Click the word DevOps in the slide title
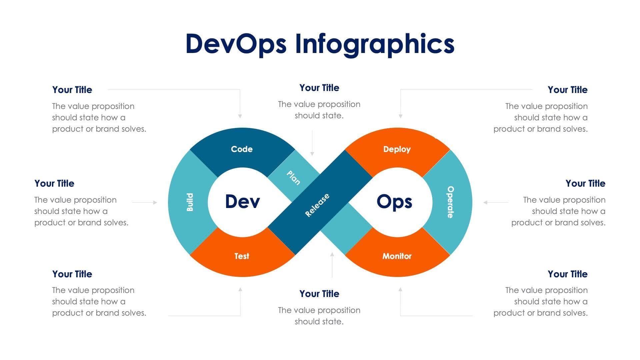(x=236, y=44)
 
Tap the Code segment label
(x=242, y=149)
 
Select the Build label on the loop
(x=190, y=202)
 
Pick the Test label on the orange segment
(x=242, y=256)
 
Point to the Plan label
(x=293, y=177)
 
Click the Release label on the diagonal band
(x=317, y=205)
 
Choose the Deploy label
(x=397, y=149)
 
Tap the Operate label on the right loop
(x=450, y=202)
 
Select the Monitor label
(x=397, y=256)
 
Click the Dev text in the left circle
(x=242, y=202)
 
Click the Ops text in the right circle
(x=394, y=202)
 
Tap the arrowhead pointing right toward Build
(x=155, y=202)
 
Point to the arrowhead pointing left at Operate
(x=485, y=202)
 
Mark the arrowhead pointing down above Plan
(x=312, y=154)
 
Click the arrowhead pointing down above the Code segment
(x=240, y=116)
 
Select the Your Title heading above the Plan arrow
(x=319, y=88)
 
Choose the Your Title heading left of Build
(x=54, y=183)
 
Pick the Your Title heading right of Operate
(x=585, y=183)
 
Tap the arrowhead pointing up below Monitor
(x=400, y=289)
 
